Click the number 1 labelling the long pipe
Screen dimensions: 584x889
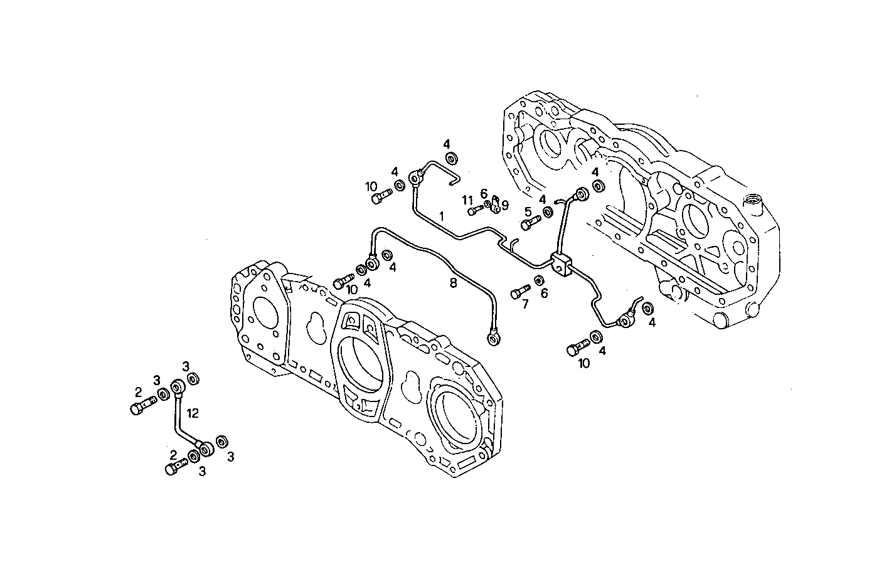point(441,216)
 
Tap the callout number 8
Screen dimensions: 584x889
point(453,283)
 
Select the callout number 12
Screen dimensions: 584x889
point(192,413)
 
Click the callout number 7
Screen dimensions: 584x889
point(525,304)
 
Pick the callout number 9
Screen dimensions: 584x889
point(504,204)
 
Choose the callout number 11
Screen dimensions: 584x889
point(467,199)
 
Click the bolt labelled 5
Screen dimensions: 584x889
point(530,221)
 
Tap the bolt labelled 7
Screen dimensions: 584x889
point(520,291)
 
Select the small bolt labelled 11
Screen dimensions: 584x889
point(475,210)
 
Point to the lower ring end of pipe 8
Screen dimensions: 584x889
point(494,339)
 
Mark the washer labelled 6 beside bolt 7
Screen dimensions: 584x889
point(539,279)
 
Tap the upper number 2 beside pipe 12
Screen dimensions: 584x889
point(139,393)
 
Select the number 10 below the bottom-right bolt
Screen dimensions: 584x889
point(583,363)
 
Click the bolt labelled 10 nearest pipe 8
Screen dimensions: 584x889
point(342,282)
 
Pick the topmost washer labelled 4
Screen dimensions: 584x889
point(450,158)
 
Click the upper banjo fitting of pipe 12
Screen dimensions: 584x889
point(178,386)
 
